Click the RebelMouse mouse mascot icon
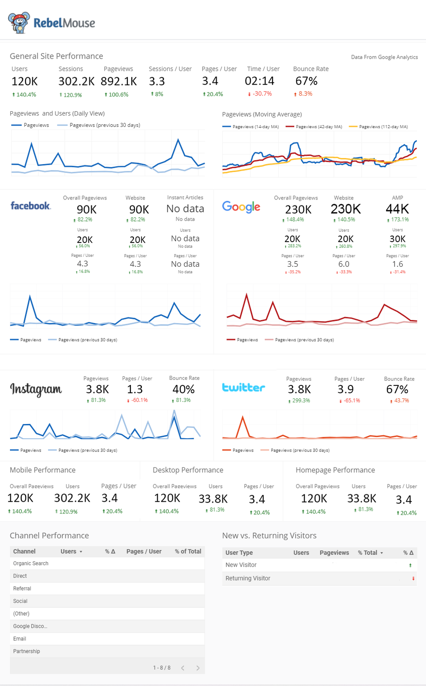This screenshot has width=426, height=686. (19, 23)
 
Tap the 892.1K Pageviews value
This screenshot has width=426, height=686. (119, 81)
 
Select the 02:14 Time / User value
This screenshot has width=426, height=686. (260, 81)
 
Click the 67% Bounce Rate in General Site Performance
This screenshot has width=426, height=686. (306, 81)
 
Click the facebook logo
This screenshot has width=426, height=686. (30, 206)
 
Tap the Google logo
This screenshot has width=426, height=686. (241, 207)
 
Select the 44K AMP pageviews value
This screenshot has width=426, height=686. (397, 209)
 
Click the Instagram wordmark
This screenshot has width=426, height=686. (36, 389)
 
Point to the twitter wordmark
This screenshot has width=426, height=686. (243, 388)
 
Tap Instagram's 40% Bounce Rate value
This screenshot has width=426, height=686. (183, 389)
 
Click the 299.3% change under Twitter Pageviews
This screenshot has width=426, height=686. (301, 401)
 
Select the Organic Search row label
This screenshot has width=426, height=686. (31, 563)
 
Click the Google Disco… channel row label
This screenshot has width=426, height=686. (30, 626)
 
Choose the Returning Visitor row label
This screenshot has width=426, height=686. (248, 578)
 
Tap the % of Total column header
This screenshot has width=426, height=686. (188, 551)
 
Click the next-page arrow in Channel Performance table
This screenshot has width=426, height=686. (198, 668)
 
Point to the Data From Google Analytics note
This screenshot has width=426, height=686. (384, 57)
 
